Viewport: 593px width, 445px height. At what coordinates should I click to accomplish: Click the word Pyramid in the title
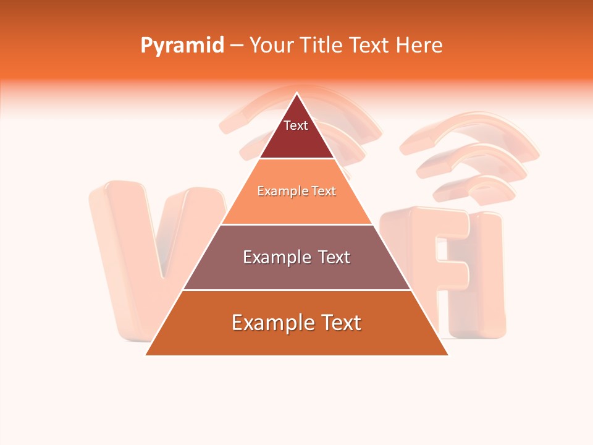[182, 46]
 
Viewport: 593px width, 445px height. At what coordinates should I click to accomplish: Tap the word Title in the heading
[322, 45]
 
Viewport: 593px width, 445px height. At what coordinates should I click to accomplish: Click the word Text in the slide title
[370, 45]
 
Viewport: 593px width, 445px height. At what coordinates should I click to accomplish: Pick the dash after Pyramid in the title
[237, 46]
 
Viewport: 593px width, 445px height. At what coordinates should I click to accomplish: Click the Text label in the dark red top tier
[296, 125]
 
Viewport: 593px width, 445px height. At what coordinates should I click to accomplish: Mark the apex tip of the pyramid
[297, 94]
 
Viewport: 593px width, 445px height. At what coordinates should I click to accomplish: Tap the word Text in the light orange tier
[323, 191]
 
